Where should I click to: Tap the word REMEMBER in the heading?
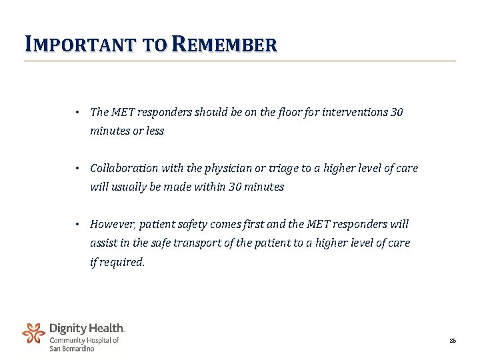(x=223, y=45)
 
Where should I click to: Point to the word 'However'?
(x=111, y=224)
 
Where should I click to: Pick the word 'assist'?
(x=103, y=243)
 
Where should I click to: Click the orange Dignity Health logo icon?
(x=33, y=333)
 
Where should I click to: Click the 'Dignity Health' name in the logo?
(x=87, y=328)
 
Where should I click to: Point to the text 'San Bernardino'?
(x=72, y=348)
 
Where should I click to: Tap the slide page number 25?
(x=452, y=341)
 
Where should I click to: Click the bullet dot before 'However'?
(x=77, y=224)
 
